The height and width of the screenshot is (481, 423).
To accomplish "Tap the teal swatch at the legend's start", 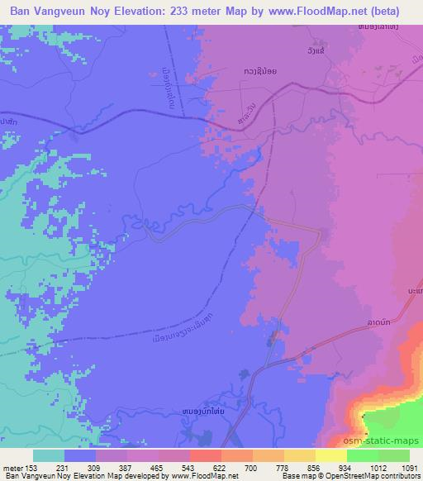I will [x=49, y=455].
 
